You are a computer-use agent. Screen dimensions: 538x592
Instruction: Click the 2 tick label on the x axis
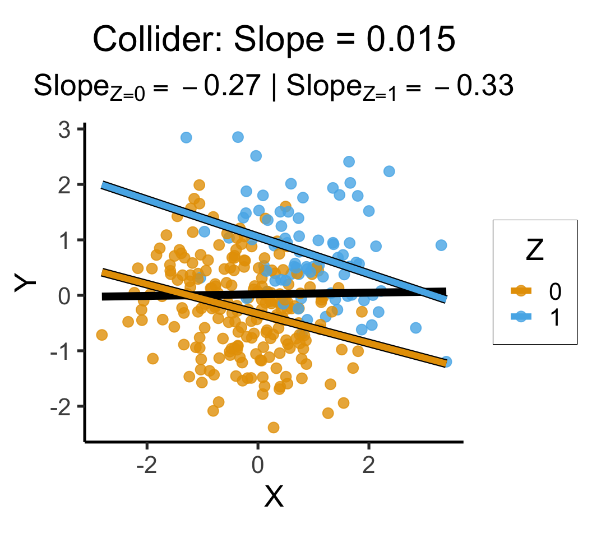pyautogui.click(x=368, y=465)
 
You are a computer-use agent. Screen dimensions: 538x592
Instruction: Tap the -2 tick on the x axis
pyautogui.click(x=147, y=465)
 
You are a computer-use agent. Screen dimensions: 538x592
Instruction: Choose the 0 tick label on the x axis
pyautogui.click(x=258, y=465)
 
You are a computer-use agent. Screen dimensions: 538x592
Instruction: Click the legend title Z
pyautogui.click(x=534, y=252)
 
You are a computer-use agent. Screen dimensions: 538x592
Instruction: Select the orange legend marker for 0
pyautogui.click(x=521, y=290)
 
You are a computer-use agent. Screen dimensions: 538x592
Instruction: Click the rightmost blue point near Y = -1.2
pyautogui.click(x=446, y=361)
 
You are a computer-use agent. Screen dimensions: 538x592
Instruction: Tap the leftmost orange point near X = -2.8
pyautogui.click(x=101, y=335)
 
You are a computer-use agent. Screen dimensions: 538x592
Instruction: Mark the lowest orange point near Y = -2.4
pyautogui.click(x=274, y=428)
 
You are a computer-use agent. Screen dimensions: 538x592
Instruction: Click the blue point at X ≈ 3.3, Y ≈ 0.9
pyautogui.click(x=441, y=245)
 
